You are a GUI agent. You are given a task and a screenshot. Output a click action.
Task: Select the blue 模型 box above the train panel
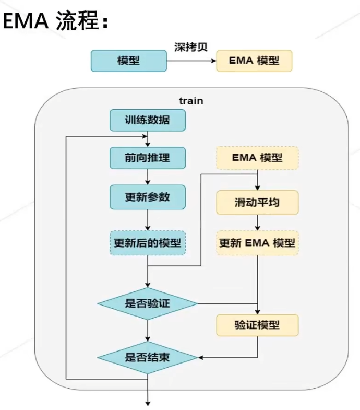click(128, 61)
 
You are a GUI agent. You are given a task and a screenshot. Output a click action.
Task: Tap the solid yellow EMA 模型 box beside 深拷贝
click(254, 61)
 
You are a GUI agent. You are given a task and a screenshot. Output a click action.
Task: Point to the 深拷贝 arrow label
click(191, 47)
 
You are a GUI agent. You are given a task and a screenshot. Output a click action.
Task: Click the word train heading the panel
click(191, 100)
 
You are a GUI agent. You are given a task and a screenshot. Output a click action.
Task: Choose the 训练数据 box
click(147, 120)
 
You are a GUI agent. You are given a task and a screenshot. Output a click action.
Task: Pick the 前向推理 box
click(147, 158)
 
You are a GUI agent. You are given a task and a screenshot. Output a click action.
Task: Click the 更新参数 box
click(147, 197)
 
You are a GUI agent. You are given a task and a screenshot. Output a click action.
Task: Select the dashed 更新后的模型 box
click(147, 243)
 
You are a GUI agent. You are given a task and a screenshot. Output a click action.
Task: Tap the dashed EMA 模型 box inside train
click(257, 158)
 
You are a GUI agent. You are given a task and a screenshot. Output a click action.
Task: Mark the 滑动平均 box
click(257, 202)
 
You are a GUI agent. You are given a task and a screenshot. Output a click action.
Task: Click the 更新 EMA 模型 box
click(257, 243)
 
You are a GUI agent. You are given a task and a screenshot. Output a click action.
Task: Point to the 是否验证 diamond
click(148, 303)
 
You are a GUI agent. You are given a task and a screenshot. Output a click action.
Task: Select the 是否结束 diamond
click(148, 357)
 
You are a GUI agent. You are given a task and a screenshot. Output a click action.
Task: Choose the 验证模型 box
click(257, 325)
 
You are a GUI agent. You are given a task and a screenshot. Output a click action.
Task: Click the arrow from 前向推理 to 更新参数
click(148, 177)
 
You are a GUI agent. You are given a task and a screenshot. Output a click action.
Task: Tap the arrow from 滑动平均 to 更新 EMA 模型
click(257, 222)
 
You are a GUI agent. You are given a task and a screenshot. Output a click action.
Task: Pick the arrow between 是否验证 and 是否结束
click(148, 330)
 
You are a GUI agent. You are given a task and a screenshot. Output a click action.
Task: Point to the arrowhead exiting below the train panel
click(148, 402)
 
